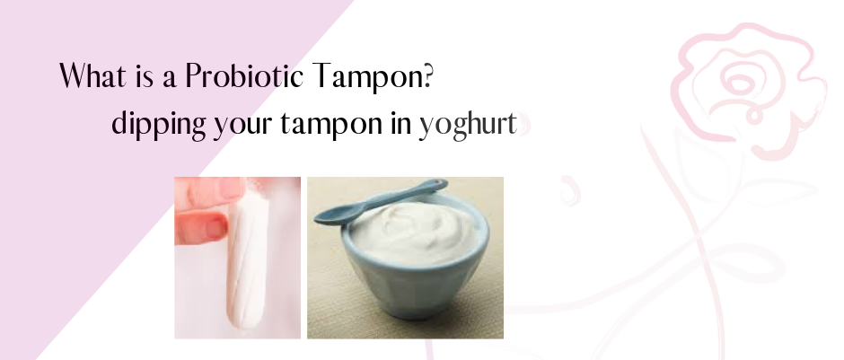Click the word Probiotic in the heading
point(244,76)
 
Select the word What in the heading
point(92,75)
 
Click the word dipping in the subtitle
point(159,125)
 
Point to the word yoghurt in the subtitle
point(469,126)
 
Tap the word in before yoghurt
point(401,123)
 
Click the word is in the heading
point(145,77)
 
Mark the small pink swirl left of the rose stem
point(569,190)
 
